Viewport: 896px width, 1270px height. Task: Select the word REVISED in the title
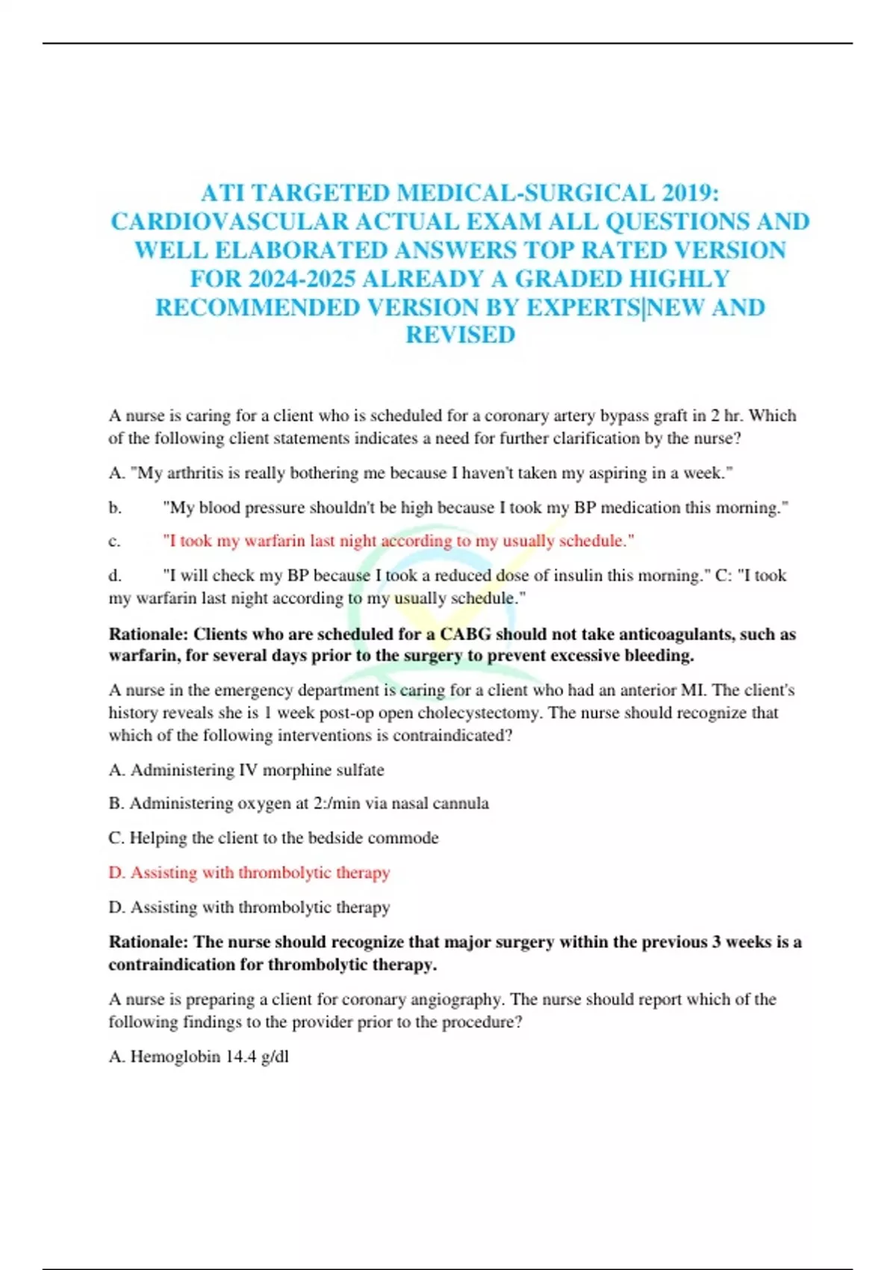point(460,335)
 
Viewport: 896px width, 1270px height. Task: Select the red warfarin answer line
point(398,541)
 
